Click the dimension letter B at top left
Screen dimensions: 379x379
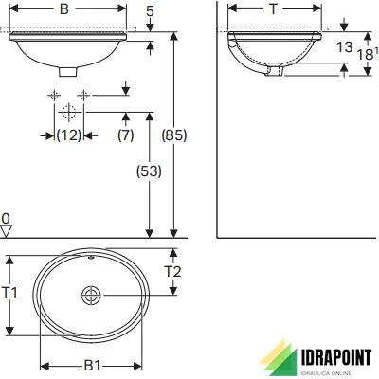click(x=63, y=10)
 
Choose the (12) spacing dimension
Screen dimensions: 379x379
click(x=67, y=135)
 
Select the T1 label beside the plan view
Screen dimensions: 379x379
click(x=9, y=294)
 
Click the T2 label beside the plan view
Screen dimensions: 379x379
click(x=173, y=271)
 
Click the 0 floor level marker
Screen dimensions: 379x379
click(x=6, y=218)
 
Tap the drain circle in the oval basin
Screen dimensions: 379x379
click(x=91, y=295)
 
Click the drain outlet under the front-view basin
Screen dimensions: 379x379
click(x=68, y=70)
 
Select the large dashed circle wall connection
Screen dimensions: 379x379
click(x=68, y=112)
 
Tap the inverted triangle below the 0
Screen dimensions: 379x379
click(x=7, y=230)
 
